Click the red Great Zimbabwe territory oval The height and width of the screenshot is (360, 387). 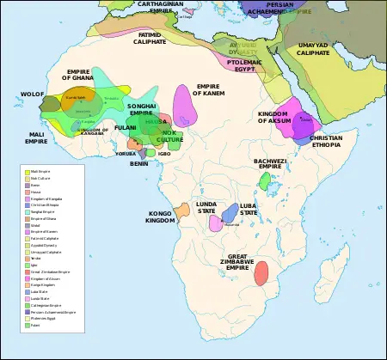[261, 272]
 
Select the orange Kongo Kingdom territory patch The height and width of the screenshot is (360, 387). [182, 210]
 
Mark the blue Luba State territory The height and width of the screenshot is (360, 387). [230, 214]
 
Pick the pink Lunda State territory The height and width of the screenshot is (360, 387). [215, 223]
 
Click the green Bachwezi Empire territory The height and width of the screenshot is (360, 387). [264, 180]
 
